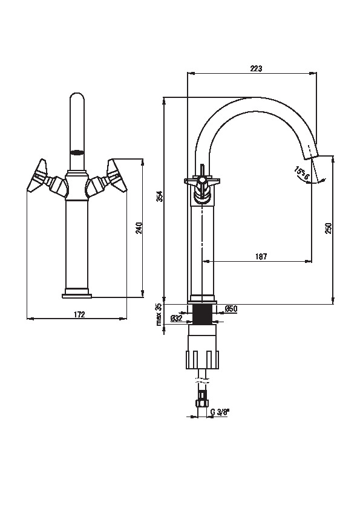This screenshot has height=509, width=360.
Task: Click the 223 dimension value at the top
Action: click(x=256, y=68)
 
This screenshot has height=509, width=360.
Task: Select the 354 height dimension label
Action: click(x=160, y=196)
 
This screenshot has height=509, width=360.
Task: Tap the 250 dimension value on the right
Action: click(x=328, y=229)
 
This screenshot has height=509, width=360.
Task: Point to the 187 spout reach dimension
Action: click(x=261, y=256)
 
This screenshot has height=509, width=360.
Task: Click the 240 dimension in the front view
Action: click(x=139, y=228)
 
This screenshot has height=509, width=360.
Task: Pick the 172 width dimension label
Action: click(x=79, y=314)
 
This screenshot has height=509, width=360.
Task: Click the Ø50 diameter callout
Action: click(x=231, y=309)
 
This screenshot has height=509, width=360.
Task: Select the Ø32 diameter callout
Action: click(x=177, y=318)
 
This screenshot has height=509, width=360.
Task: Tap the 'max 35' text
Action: click(x=159, y=314)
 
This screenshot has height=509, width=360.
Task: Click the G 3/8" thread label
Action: click(x=220, y=412)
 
